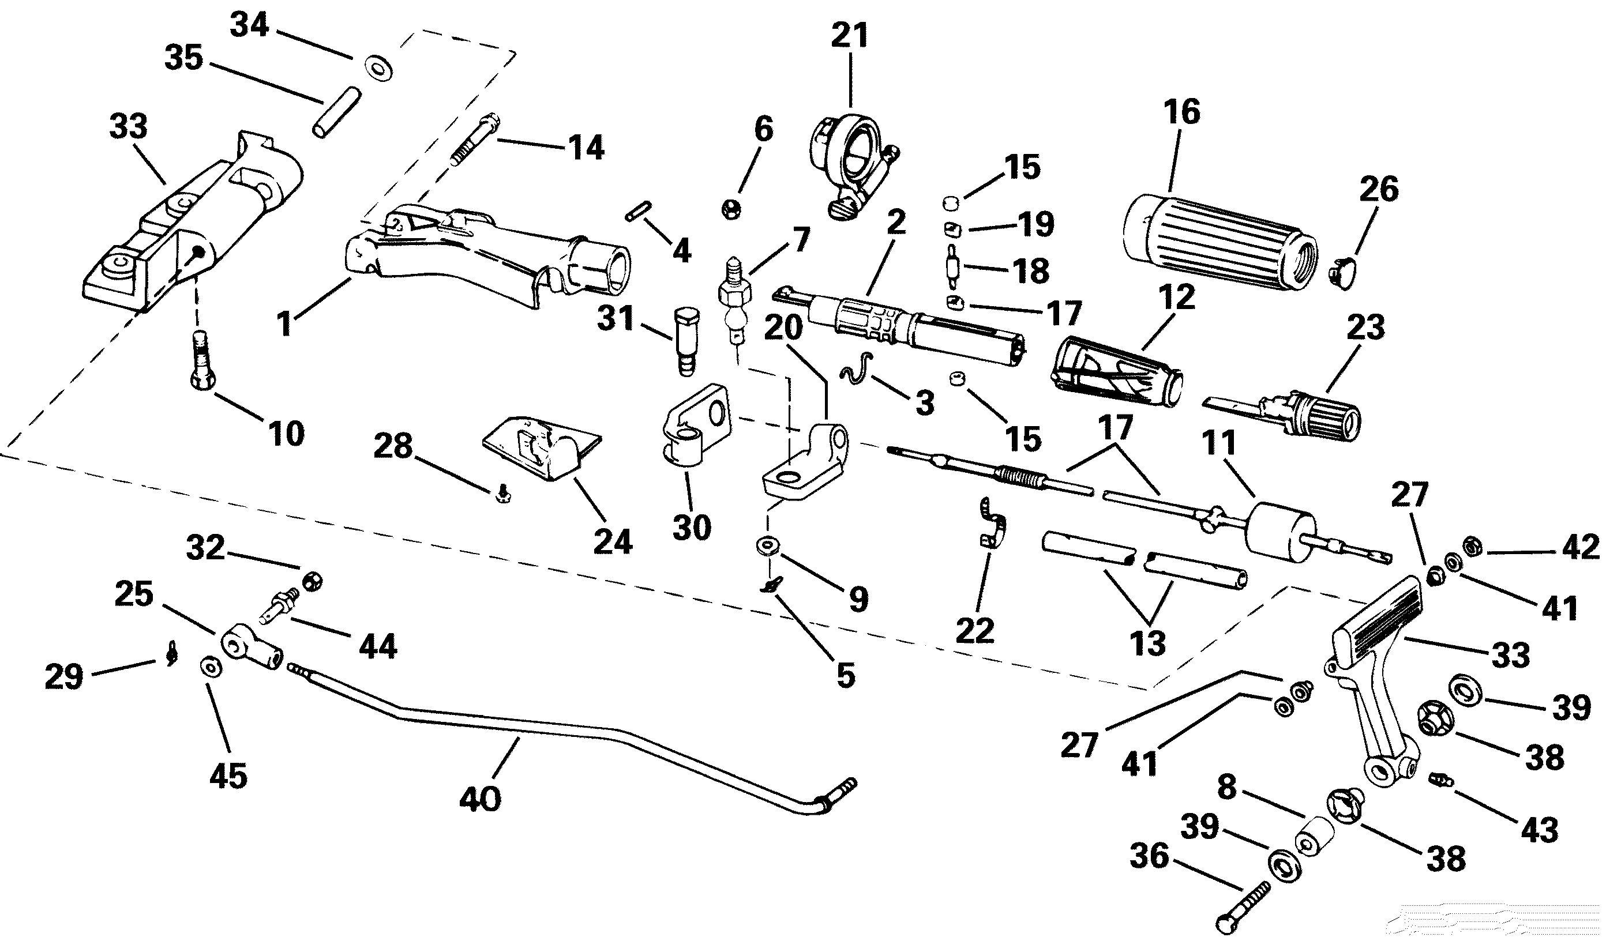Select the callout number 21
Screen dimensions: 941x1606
(x=850, y=36)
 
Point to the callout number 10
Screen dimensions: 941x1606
(x=286, y=434)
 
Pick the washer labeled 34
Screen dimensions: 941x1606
(x=378, y=67)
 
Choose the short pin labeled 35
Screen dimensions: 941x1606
(x=336, y=111)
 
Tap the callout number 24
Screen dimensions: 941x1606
(x=613, y=541)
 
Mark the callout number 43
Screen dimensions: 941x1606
(x=1539, y=830)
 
